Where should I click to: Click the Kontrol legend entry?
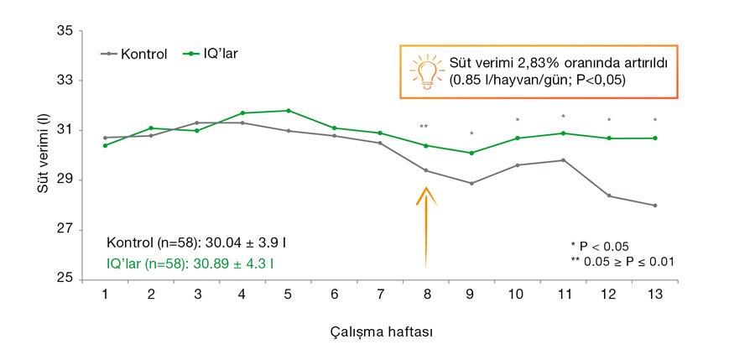137,53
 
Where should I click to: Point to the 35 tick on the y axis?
65,31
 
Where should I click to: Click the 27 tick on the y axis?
65,230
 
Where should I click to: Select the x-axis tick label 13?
654,295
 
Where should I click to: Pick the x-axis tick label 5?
288,295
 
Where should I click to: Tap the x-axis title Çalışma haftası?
381,331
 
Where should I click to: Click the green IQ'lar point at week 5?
288,111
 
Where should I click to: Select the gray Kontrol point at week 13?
654,206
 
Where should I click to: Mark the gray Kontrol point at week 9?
471,183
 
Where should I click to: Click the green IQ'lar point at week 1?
105,145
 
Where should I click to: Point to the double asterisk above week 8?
424,127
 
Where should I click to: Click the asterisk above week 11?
563,117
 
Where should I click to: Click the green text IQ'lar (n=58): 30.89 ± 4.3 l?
192,263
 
